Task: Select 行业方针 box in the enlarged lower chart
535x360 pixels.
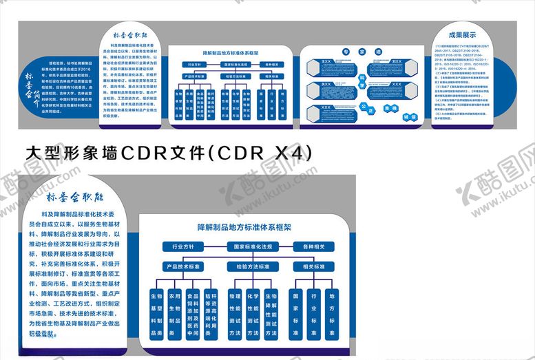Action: tap(182, 246)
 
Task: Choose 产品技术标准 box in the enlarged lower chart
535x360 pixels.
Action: tap(182, 266)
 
